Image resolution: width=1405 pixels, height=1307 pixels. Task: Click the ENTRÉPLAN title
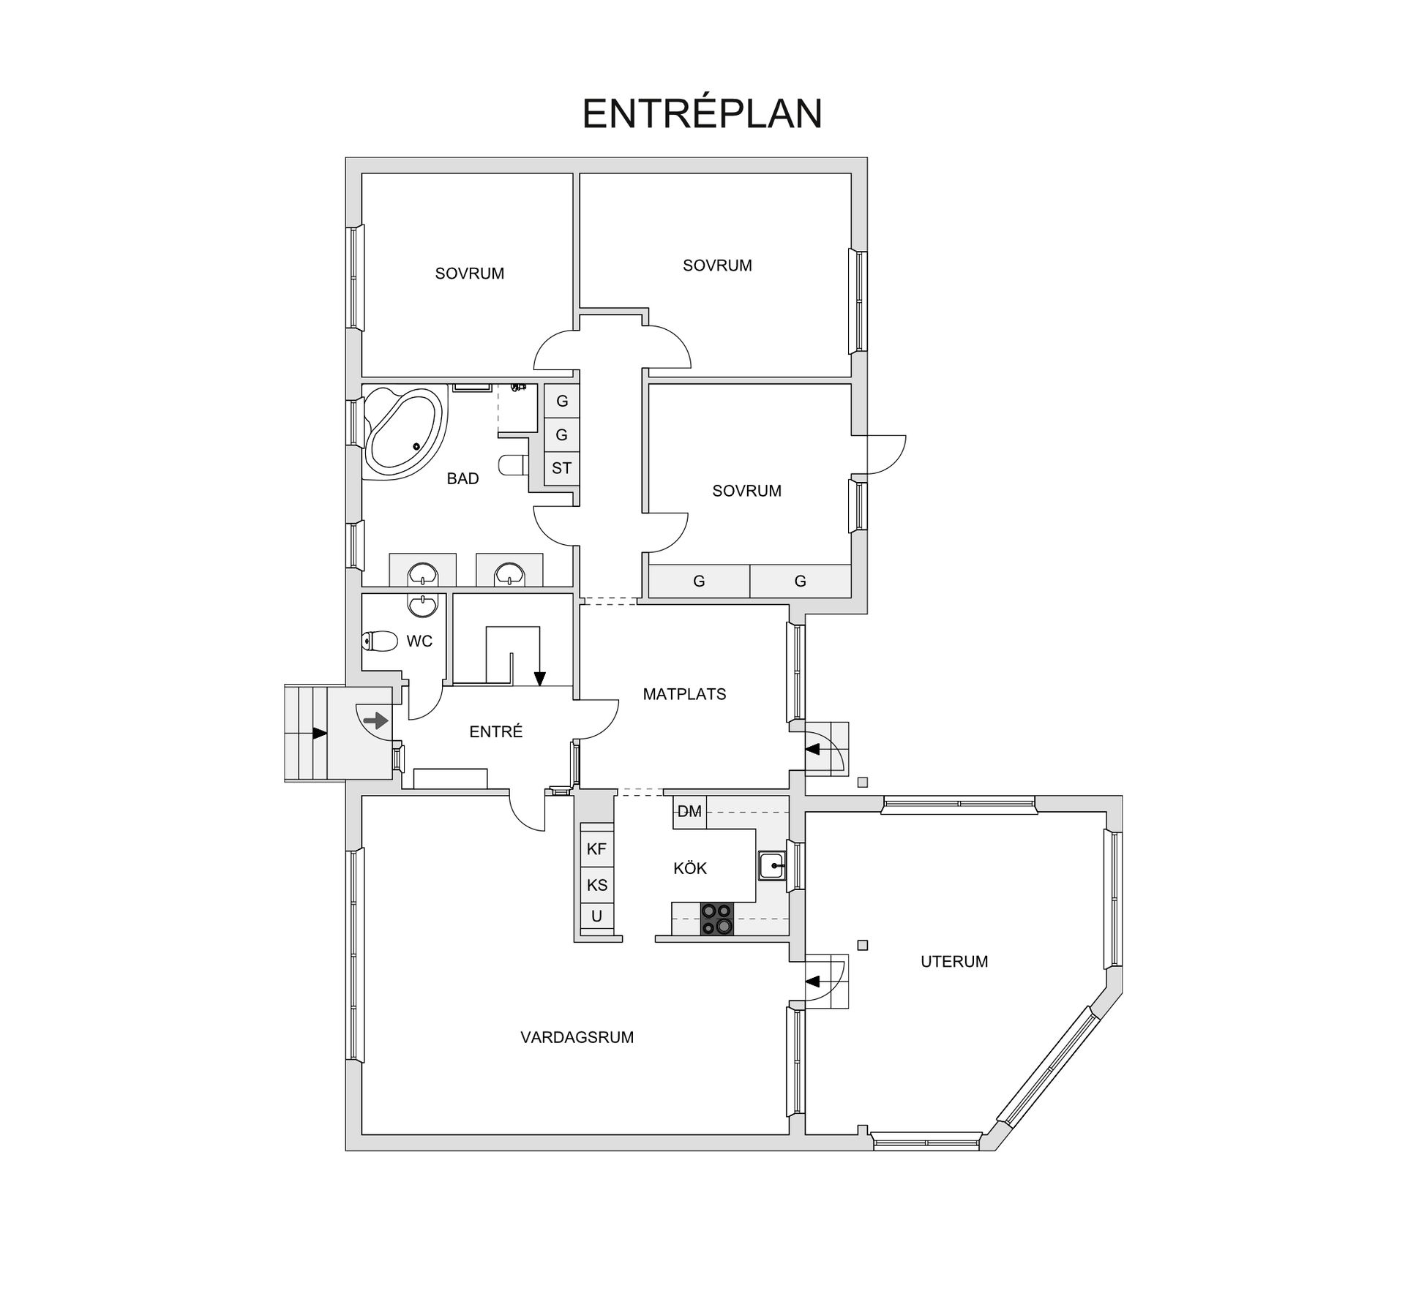pos(702,113)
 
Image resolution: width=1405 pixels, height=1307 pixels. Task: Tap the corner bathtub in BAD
pos(405,431)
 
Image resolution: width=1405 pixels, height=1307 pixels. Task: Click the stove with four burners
pos(716,919)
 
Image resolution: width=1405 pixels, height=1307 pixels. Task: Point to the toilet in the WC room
pos(378,641)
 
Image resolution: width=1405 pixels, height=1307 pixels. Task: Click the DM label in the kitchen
pos(689,811)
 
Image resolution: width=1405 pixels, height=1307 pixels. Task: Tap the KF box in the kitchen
pos(596,849)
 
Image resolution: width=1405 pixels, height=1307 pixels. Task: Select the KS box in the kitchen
pos(596,885)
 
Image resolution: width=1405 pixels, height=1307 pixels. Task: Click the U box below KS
pos(596,916)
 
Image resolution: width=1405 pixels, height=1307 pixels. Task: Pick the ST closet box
pos(561,468)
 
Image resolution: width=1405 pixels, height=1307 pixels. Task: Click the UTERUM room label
pos(954,962)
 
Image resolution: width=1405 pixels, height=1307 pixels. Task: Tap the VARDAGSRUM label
pos(577,1037)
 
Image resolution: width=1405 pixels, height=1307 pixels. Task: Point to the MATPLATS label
pos(684,694)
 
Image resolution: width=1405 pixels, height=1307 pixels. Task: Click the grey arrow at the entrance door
pos(376,721)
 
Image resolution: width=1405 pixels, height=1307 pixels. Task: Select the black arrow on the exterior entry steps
pos(319,733)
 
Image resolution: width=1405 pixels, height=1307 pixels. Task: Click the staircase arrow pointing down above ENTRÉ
pos(539,677)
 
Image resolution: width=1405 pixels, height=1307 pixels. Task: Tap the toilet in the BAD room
pos(512,464)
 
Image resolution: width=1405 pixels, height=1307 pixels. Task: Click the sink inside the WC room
pos(423,606)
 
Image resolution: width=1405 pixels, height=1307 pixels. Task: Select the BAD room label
pos(462,479)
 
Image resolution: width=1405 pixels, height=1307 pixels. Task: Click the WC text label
pos(419,641)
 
